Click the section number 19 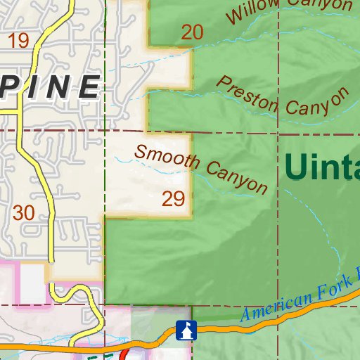click(20, 40)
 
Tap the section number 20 click(191, 32)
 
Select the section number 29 click(173, 199)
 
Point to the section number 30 click(23, 212)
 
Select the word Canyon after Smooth click(237, 176)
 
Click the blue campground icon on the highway click(185, 328)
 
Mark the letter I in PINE click(37, 86)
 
